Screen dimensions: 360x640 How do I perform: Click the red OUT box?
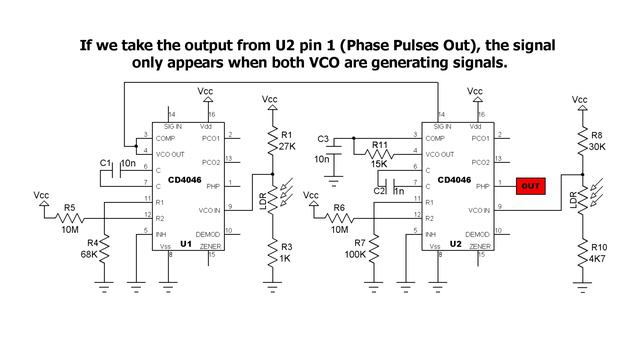click(x=530, y=185)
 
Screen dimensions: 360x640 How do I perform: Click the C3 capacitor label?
click(x=322, y=137)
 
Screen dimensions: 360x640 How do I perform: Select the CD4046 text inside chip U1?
click(x=189, y=181)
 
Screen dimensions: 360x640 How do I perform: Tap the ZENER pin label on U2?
click(x=479, y=245)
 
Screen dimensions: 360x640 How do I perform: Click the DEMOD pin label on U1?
click(x=209, y=229)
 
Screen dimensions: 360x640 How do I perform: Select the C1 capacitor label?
click(x=104, y=162)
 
